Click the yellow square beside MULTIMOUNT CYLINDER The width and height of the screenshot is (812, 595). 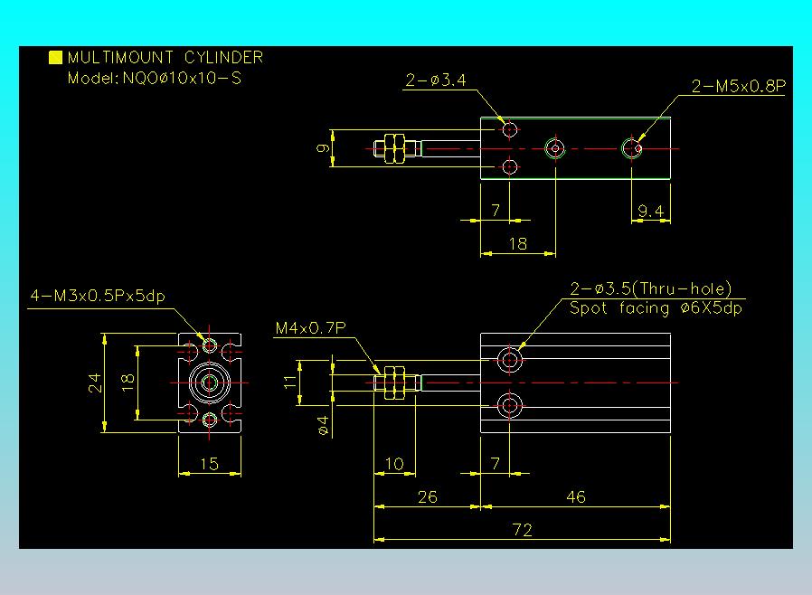coord(55,58)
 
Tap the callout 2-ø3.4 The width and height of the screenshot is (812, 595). coord(435,81)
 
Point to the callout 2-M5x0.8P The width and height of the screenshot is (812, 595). coord(737,87)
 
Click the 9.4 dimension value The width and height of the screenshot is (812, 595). coord(650,211)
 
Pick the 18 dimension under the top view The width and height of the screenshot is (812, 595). coord(517,244)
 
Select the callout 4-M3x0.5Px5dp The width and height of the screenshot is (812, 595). coord(103,296)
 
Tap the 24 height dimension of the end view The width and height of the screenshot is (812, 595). coord(95,383)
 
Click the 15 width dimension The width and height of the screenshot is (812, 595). coord(209,464)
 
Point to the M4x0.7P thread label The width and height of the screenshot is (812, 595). coord(309,329)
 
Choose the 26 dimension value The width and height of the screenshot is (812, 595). coord(427,496)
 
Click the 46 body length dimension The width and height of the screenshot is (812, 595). coord(575,496)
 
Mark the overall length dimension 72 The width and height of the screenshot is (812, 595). coord(522,530)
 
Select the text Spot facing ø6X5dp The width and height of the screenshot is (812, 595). coord(656,308)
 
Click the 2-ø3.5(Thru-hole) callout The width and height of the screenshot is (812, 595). coord(650,289)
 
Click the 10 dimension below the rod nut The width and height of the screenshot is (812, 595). coord(394,464)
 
